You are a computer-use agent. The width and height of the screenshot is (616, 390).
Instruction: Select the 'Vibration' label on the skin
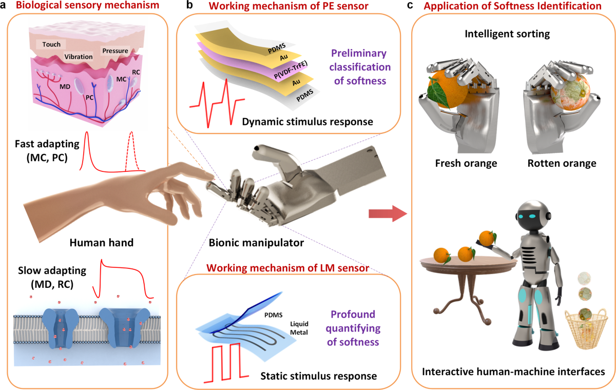[x=79, y=56]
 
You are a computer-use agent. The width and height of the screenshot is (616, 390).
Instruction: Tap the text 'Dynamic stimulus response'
[x=309, y=122]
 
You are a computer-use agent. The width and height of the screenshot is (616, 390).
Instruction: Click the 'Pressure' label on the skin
[x=115, y=51]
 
